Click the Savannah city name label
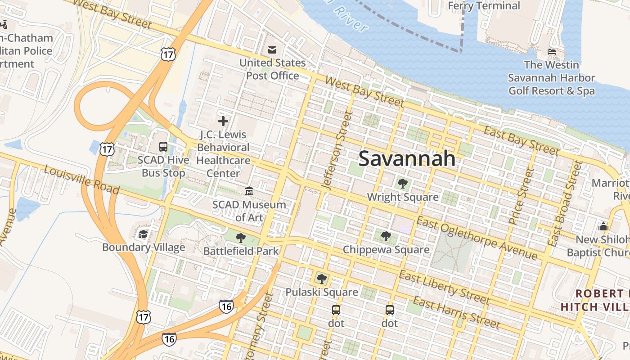[x=407, y=159]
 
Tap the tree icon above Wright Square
[x=402, y=183]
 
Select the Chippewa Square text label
[x=386, y=249]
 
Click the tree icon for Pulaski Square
[x=321, y=279]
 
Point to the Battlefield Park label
[x=241, y=251]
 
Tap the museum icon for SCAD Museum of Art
[x=249, y=191]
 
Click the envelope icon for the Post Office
[x=272, y=49]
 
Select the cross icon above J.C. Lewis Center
[x=223, y=121]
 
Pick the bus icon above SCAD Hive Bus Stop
[x=163, y=147]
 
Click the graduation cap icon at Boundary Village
[x=143, y=234]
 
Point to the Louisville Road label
[x=81, y=179]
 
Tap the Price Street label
[x=520, y=196]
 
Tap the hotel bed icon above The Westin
[x=551, y=51]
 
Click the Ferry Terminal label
[x=484, y=6]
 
